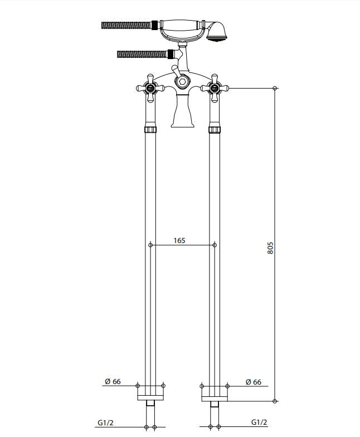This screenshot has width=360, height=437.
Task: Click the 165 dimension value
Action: [x=179, y=240]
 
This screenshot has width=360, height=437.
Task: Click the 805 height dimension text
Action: [x=270, y=248]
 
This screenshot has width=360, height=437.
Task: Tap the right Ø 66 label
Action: [x=253, y=381]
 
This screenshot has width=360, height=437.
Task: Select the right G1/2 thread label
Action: [x=259, y=423]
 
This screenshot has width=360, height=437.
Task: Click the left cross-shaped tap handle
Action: [x=150, y=88]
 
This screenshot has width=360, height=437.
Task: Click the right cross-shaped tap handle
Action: [x=215, y=88]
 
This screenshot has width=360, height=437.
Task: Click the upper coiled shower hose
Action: [x=126, y=25]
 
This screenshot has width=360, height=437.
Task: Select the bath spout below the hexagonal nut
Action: [x=182, y=111]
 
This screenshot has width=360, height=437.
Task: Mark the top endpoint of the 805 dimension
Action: [x=275, y=88]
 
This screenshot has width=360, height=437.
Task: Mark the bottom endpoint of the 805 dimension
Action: [x=275, y=400]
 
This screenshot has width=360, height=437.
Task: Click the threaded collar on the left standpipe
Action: [x=150, y=130]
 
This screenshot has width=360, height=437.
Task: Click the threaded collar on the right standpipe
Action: [x=215, y=130]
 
